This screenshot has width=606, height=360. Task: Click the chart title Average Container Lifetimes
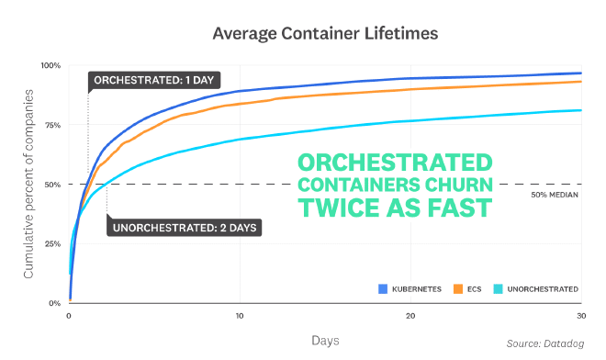325,34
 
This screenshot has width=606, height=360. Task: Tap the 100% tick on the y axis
50,66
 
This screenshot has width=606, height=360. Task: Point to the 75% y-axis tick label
52,125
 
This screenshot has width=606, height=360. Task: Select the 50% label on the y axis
52,185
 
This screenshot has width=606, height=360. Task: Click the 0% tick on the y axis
54,303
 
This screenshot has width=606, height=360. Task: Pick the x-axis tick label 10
240,315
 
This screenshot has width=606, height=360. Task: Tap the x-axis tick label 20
410,315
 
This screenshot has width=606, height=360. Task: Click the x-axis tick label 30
580,315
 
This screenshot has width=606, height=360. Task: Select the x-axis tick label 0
69,315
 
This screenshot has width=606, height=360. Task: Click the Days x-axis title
326,340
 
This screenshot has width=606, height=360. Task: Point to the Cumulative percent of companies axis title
28,185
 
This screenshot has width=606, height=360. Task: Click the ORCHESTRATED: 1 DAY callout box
152,81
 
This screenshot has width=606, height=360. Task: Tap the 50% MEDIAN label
555,195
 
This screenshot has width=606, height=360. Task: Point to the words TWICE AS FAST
395,208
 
